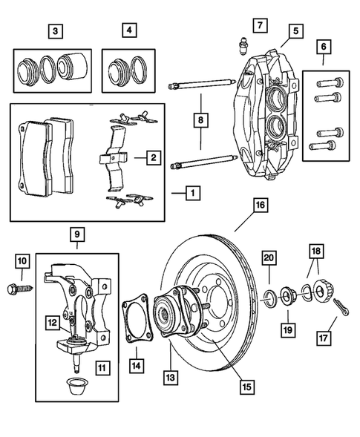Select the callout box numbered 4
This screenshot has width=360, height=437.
[131, 31]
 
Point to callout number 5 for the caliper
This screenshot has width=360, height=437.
[296, 31]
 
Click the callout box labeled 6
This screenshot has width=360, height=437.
[322, 46]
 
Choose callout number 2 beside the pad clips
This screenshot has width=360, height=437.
[153, 157]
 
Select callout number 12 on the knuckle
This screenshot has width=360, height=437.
[52, 322]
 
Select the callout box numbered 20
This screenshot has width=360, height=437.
[269, 257]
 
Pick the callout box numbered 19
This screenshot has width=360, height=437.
[286, 327]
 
